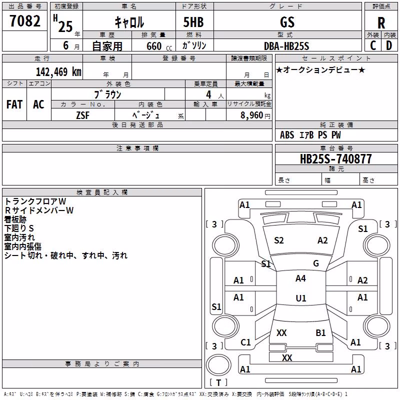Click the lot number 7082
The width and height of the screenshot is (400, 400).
(x=25, y=21)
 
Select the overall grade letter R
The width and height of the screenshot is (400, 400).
(x=381, y=23)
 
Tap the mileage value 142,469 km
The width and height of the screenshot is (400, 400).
(x=58, y=72)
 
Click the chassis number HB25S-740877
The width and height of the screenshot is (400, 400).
(x=335, y=159)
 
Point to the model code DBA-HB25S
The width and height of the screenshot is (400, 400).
(x=286, y=46)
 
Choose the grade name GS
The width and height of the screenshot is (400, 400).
(x=287, y=22)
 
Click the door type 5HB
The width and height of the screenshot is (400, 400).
(x=193, y=22)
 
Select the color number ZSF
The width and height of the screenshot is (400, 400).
(x=82, y=115)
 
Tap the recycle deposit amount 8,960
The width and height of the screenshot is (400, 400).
(x=251, y=115)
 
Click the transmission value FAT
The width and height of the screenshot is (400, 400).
(x=14, y=104)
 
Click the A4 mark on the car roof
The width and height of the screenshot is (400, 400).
(x=300, y=278)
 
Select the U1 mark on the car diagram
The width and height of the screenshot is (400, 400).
(x=301, y=298)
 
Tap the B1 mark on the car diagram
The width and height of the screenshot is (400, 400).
(x=320, y=333)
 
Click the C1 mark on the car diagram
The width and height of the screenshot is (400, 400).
(x=245, y=342)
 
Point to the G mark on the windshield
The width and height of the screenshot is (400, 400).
(x=316, y=263)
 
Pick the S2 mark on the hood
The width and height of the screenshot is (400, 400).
(x=279, y=240)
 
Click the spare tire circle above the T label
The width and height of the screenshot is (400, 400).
(x=218, y=364)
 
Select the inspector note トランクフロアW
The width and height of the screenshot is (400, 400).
(x=35, y=201)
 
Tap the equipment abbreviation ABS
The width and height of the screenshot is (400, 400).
(x=287, y=135)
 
